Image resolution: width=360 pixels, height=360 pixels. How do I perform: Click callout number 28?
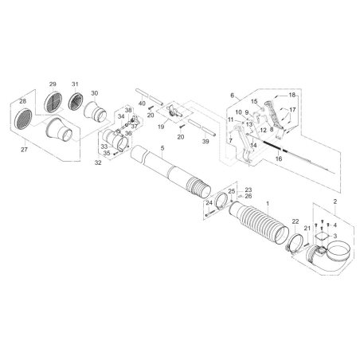[x=22, y=101]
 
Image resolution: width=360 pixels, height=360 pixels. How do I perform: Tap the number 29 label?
[x=53, y=85]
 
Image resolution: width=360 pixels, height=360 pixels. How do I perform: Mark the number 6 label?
[x=232, y=96]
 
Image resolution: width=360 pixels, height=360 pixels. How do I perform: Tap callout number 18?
[x=292, y=95]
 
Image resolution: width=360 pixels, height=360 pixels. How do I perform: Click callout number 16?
[x=278, y=158]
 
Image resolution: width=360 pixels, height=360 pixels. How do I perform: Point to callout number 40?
[x=142, y=104]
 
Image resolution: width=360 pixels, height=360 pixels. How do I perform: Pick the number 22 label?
[x=295, y=221]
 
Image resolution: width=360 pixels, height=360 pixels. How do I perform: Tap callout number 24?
[x=209, y=203]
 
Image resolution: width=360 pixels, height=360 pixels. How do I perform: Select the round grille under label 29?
[x=53, y=103]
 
